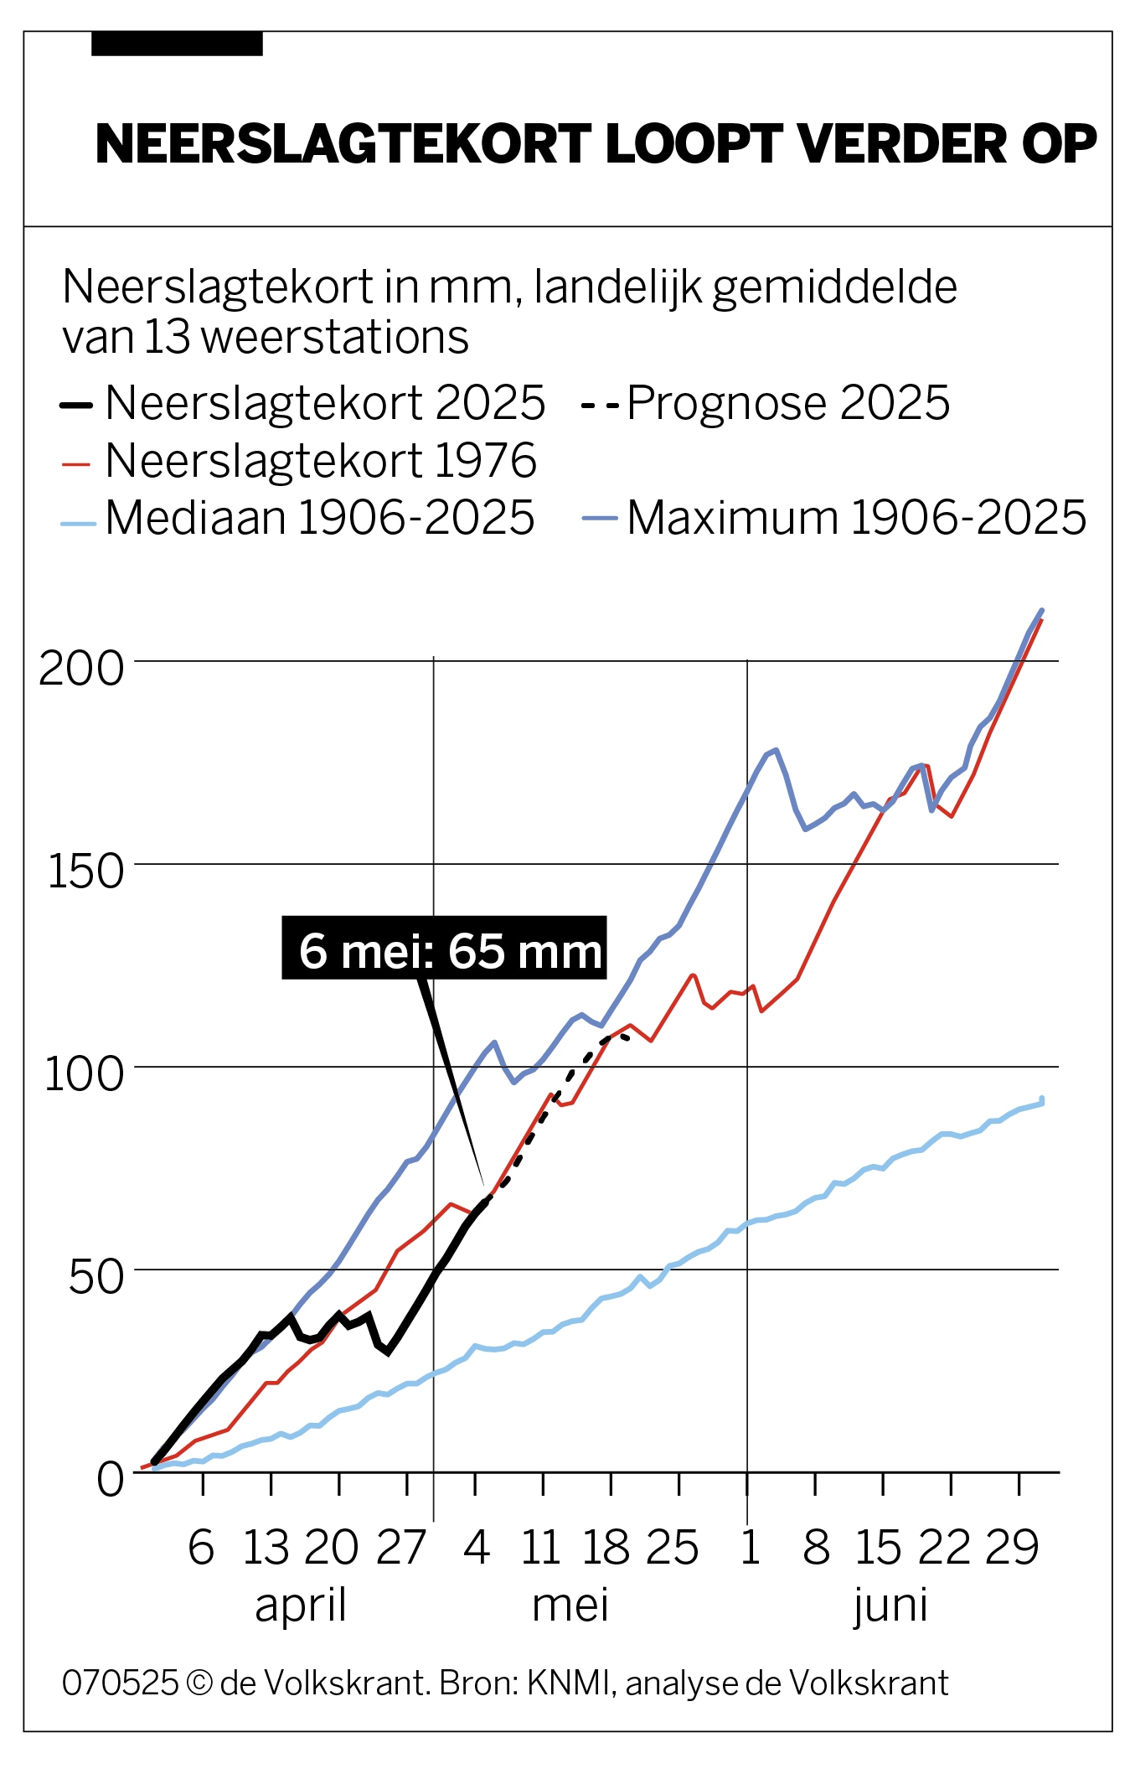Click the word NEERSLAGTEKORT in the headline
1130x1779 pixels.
click(343, 144)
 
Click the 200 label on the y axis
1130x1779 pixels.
click(81, 670)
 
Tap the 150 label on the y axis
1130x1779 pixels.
click(85, 872)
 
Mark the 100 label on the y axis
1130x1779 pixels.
click(84, 1074)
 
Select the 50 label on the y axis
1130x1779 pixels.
click(95, 1278)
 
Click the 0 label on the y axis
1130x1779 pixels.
click(110, 1480)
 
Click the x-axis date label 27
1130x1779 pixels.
click(401, 1548)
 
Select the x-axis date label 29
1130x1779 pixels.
click(1012, 1548)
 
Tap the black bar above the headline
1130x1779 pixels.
click(177, 44)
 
